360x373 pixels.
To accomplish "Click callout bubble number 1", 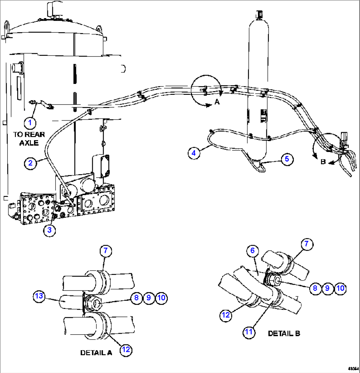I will [x=30, y=123].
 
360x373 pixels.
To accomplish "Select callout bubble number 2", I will [x=30, y=163].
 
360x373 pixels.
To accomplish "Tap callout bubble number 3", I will [x=49, y=231].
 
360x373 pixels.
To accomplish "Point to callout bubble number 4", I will [x=194, y=153].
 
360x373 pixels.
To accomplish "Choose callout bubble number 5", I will [x=287, y=159].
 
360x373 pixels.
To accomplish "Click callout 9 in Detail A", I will [x=149, y=298].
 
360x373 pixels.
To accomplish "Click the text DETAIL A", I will [x=96, y=353].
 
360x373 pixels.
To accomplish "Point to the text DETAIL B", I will [x=284, y=333].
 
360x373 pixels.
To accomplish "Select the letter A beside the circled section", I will [x=217, y=102].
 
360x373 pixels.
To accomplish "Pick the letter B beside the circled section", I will [x=324, y=162].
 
